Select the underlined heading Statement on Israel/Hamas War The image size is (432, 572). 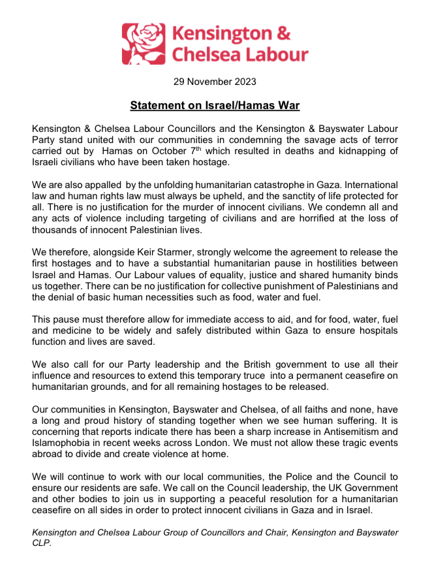tap(215, 105)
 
